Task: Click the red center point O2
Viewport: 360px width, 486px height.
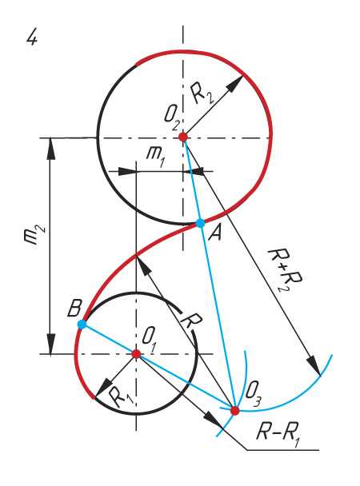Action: pos(183,137)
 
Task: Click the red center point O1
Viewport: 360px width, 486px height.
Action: pos(136,353)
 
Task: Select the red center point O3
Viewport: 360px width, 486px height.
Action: pos(235,411)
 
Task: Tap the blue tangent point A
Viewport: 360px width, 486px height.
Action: pos(200,223)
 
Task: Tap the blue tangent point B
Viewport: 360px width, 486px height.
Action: pos(82,325)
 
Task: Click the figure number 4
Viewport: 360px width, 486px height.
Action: pos(32,38)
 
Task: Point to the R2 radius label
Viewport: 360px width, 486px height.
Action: pos(202,94)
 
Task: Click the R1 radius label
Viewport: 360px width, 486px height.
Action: pos(121,397)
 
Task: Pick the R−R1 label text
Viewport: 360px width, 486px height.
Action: pos(278,432)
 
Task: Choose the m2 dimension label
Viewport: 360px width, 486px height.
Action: pos(34,236)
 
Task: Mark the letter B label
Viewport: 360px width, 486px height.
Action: pos(74,309)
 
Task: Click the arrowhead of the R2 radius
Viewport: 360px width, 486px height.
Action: pos(235,83)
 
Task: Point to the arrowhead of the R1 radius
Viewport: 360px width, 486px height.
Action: pos(103,387)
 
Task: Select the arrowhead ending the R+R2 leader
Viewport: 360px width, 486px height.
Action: pos(314,366)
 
